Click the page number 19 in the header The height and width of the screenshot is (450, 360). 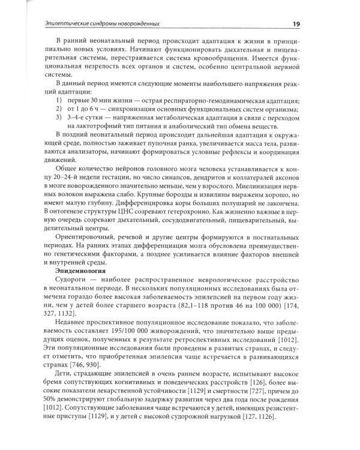[314, 23]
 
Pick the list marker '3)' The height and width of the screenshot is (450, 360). [58, 109]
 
